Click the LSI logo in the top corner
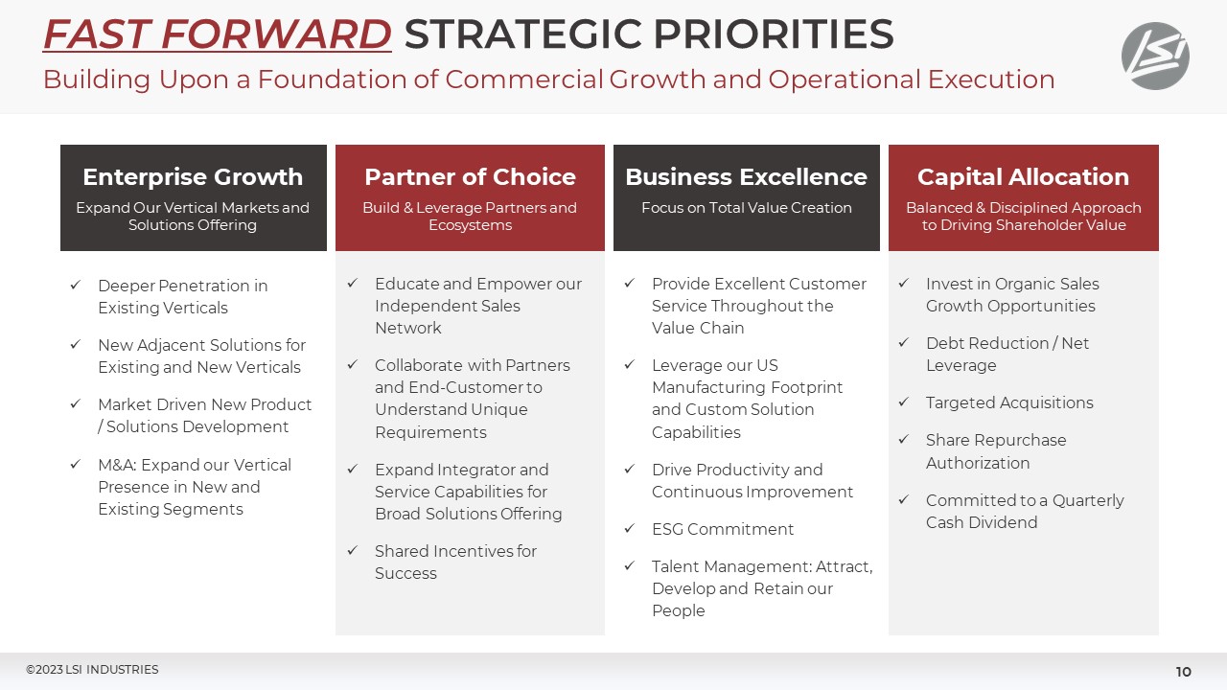(1155, 56)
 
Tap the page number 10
(1183, 672)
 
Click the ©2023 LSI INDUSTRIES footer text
(92, 670)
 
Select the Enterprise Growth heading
(193, 177)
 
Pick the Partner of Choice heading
(470, 177)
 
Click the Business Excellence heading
(746, 177)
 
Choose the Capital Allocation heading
(1023, 177)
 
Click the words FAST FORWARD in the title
(217, 35)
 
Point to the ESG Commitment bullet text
(723, 529)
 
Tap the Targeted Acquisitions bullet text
(1009, 402)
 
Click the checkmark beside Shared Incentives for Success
(353, 550)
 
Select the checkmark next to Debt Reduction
(904, 342)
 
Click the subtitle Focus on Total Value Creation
(746, 208)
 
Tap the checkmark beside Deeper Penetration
(76, 285)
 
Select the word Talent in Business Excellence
(675, 566)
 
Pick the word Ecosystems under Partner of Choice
(470, 226)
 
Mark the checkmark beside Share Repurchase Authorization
(904, 439)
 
